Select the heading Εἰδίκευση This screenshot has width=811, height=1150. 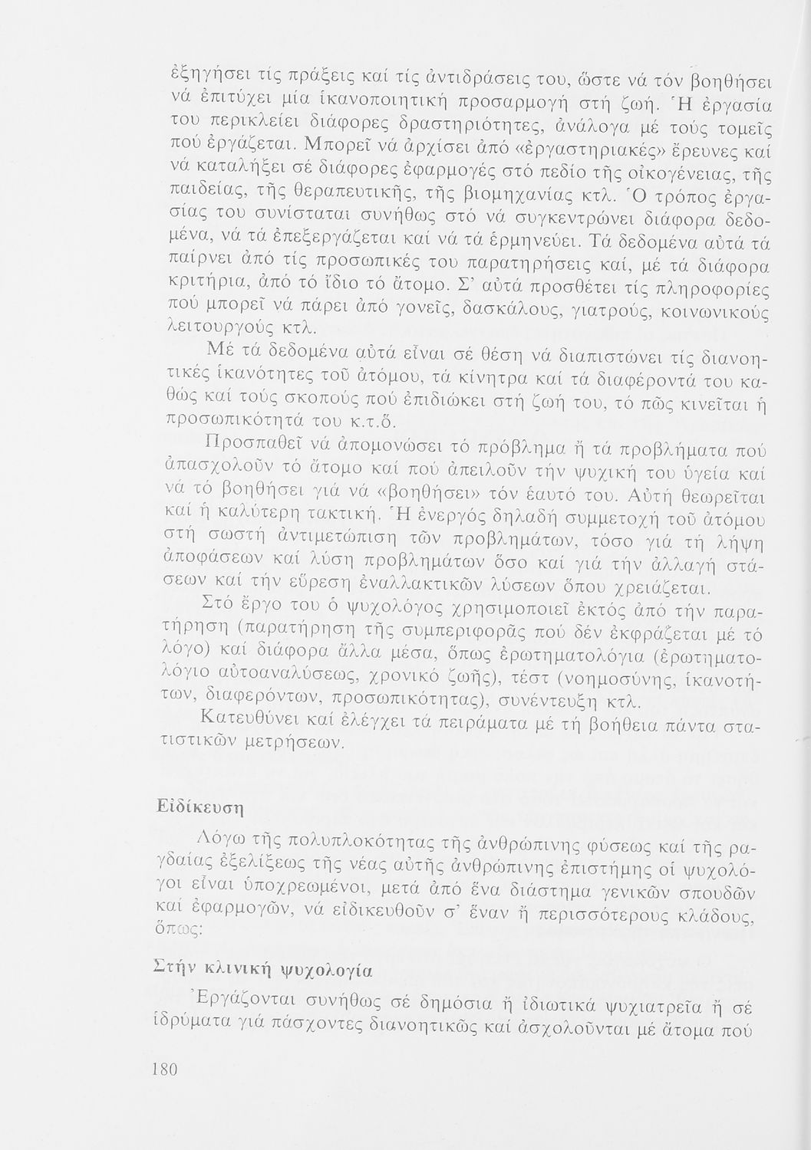point(190,807)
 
